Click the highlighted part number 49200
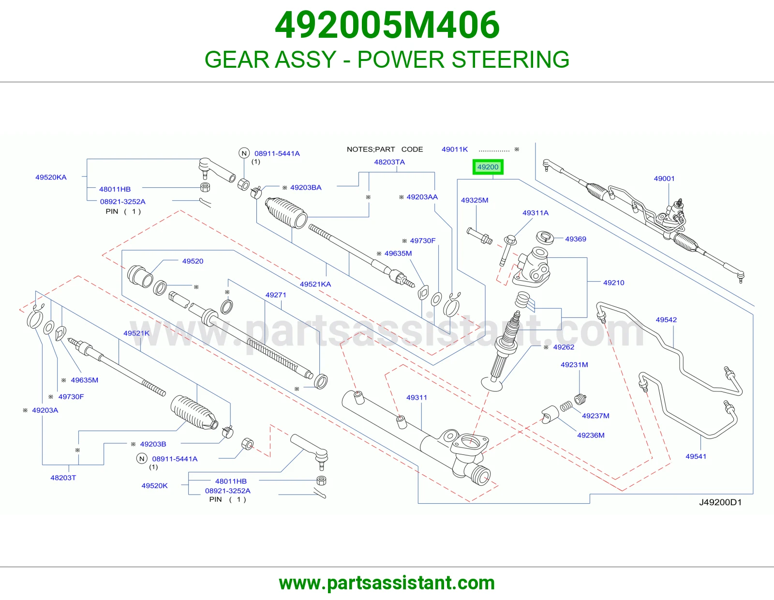(x=488, y=167)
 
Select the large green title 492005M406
(x=387, y=25)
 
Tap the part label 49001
(x=664, y=179)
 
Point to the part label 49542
(x=666, y=319)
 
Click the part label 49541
(x=696, y=456)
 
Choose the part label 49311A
(x=536, y=213)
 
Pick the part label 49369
(x=576, y=239)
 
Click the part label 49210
(x=614, y=283)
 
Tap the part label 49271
(x=276, y=295)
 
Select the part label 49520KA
(x=51, y=177)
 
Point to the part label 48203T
(x=63, y=478)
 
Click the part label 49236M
(x=591, y=435)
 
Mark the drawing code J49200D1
(x=720, y=502)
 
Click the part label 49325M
(x=475, y=200)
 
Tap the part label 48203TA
(x=389, y=162)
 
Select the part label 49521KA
(x=315, y=284)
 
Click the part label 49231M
(x=574, y=364)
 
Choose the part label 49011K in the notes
(x=455, y=150)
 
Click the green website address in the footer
(x=387, y=583)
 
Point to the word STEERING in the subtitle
(x=510, y=59)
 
